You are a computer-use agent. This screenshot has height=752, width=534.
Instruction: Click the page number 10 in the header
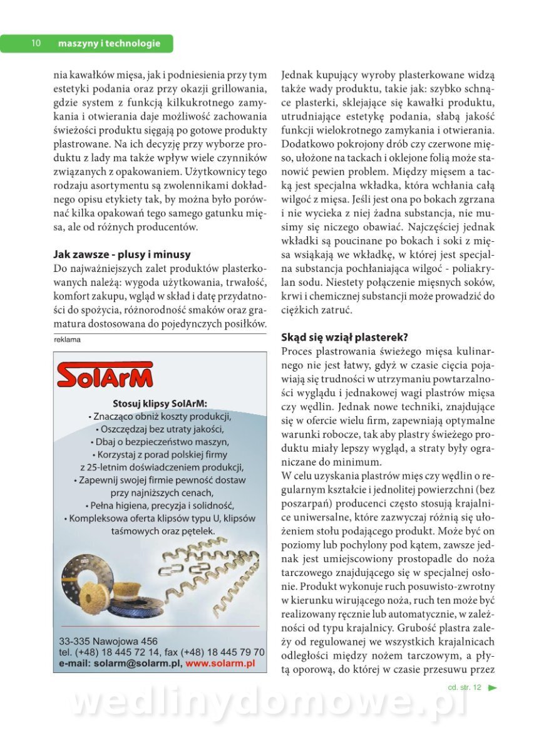[36, 43]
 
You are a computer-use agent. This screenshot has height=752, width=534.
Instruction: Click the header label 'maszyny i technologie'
[109, 43]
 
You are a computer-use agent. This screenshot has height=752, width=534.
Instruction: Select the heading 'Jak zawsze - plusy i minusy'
[122, 254]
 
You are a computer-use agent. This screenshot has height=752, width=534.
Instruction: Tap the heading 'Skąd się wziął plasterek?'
[345, 337]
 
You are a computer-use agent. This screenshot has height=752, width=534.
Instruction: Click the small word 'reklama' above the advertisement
[68, 340]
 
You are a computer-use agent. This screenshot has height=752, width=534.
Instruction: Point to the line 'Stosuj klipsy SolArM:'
[160, 403]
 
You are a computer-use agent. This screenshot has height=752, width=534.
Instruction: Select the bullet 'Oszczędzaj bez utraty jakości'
[160, 429]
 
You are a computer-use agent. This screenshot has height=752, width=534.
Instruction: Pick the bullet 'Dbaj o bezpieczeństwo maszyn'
[160, 442]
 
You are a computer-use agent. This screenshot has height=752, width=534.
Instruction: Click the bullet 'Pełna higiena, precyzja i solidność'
[160, 505]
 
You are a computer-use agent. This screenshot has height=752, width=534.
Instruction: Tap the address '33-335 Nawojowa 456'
[108, 641]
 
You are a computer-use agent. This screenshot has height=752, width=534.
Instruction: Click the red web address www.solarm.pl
[220, 662]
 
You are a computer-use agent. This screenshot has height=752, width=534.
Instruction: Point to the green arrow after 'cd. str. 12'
[492, 687]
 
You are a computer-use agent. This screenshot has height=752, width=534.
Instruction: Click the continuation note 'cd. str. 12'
[465, 687]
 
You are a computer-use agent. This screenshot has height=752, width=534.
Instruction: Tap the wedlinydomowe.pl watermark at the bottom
[269, 703]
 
